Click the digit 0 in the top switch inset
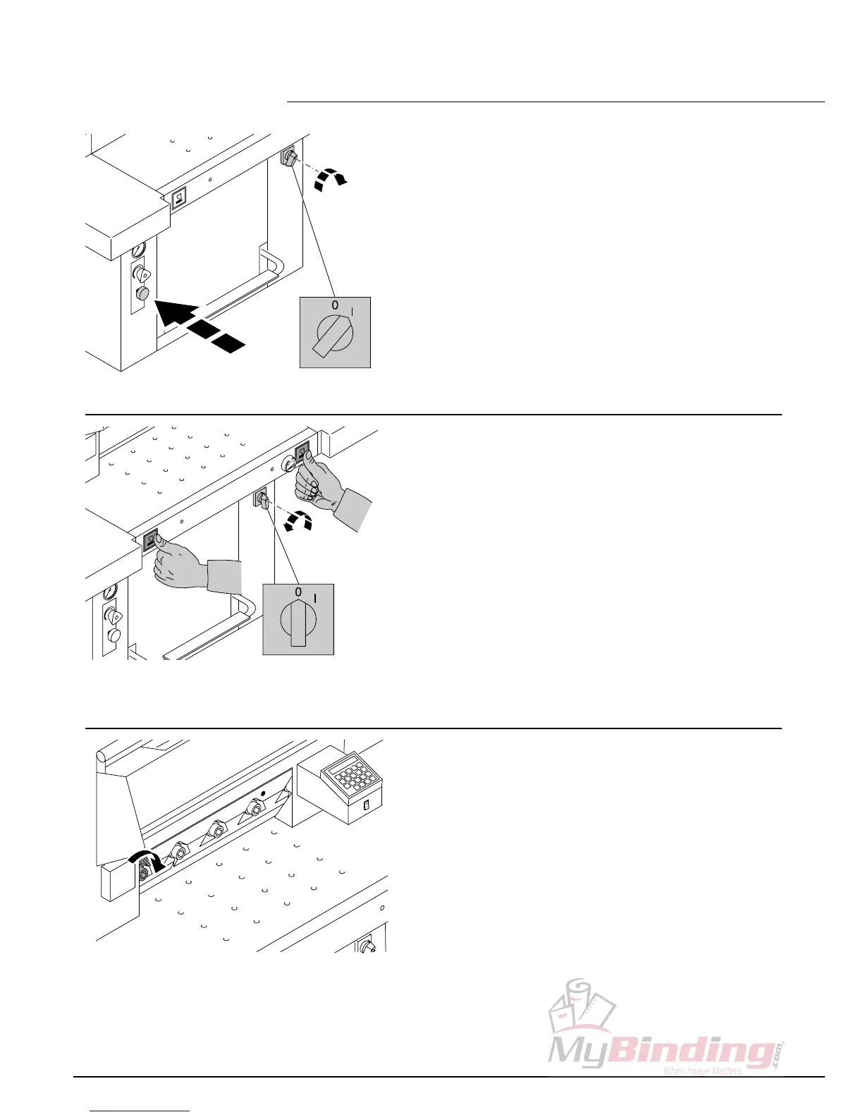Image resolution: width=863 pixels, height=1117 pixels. point(335,305)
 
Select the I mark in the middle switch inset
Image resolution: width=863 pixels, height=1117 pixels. point(314,598)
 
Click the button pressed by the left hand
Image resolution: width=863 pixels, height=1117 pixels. point(151,541)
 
